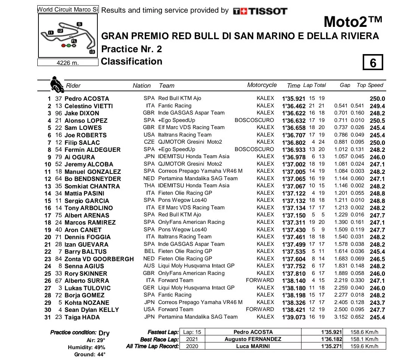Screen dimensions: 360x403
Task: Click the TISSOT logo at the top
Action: (260, 11)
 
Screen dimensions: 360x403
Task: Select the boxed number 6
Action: (373, 63)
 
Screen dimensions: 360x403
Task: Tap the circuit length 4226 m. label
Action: (68, 63)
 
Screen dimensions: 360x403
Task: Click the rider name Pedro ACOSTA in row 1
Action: (87, 98)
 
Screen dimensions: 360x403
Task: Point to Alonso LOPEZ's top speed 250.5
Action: (377, 120)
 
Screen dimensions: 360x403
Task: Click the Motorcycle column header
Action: (262, 85)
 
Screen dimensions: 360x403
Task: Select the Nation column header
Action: (142, 85)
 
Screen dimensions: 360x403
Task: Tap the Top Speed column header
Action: (370, 85)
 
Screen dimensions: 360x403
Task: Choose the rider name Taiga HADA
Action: (82, 317)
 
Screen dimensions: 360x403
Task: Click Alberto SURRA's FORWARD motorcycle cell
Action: (260, 280)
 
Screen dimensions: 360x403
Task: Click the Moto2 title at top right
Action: (353, 22)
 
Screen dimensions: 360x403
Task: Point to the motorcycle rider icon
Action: (56, 84)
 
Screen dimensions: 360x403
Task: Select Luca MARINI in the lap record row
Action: (253, 346)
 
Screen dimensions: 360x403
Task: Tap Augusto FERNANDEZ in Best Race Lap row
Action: (253, 339)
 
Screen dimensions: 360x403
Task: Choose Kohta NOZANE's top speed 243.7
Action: (377, 303)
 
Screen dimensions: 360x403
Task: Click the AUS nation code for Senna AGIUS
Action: (149, 266)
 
